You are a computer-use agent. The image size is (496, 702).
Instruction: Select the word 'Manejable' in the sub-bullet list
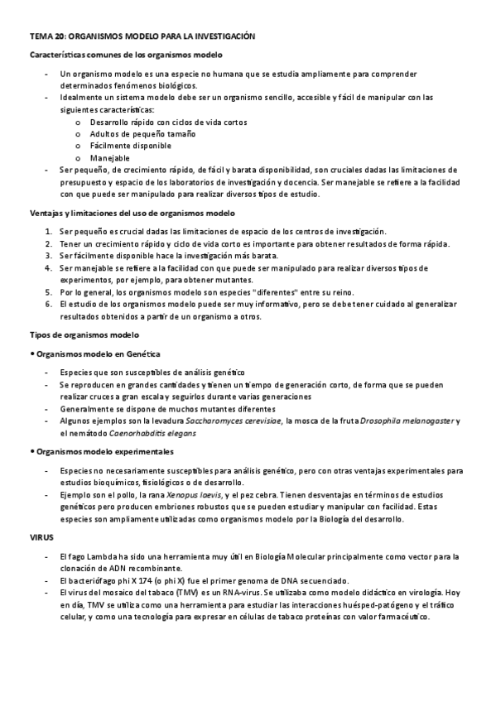point(109,157)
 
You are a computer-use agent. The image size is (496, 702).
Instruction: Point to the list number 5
point(49,292)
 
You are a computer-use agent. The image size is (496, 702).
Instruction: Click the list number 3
point(49,256)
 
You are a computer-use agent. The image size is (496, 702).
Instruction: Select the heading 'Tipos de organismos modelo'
point(85,334)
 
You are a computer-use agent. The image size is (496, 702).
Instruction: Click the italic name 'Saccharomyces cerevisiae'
point(233,421)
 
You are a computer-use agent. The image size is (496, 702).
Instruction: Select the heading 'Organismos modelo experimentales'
point(103,452)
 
